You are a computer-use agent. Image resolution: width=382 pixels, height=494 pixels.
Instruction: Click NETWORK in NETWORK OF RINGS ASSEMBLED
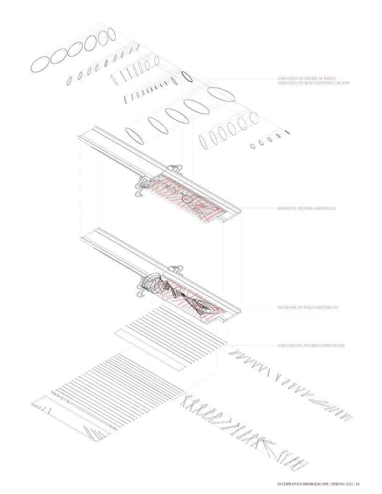(x=287, y=307)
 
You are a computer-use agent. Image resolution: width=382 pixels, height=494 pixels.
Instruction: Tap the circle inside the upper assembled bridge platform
(x=187, y=199)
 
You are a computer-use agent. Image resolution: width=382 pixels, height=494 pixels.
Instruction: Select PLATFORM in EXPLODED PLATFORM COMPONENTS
(x=307, y=346)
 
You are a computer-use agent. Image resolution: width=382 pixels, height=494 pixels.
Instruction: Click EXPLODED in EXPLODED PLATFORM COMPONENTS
(x=287, y=346)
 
